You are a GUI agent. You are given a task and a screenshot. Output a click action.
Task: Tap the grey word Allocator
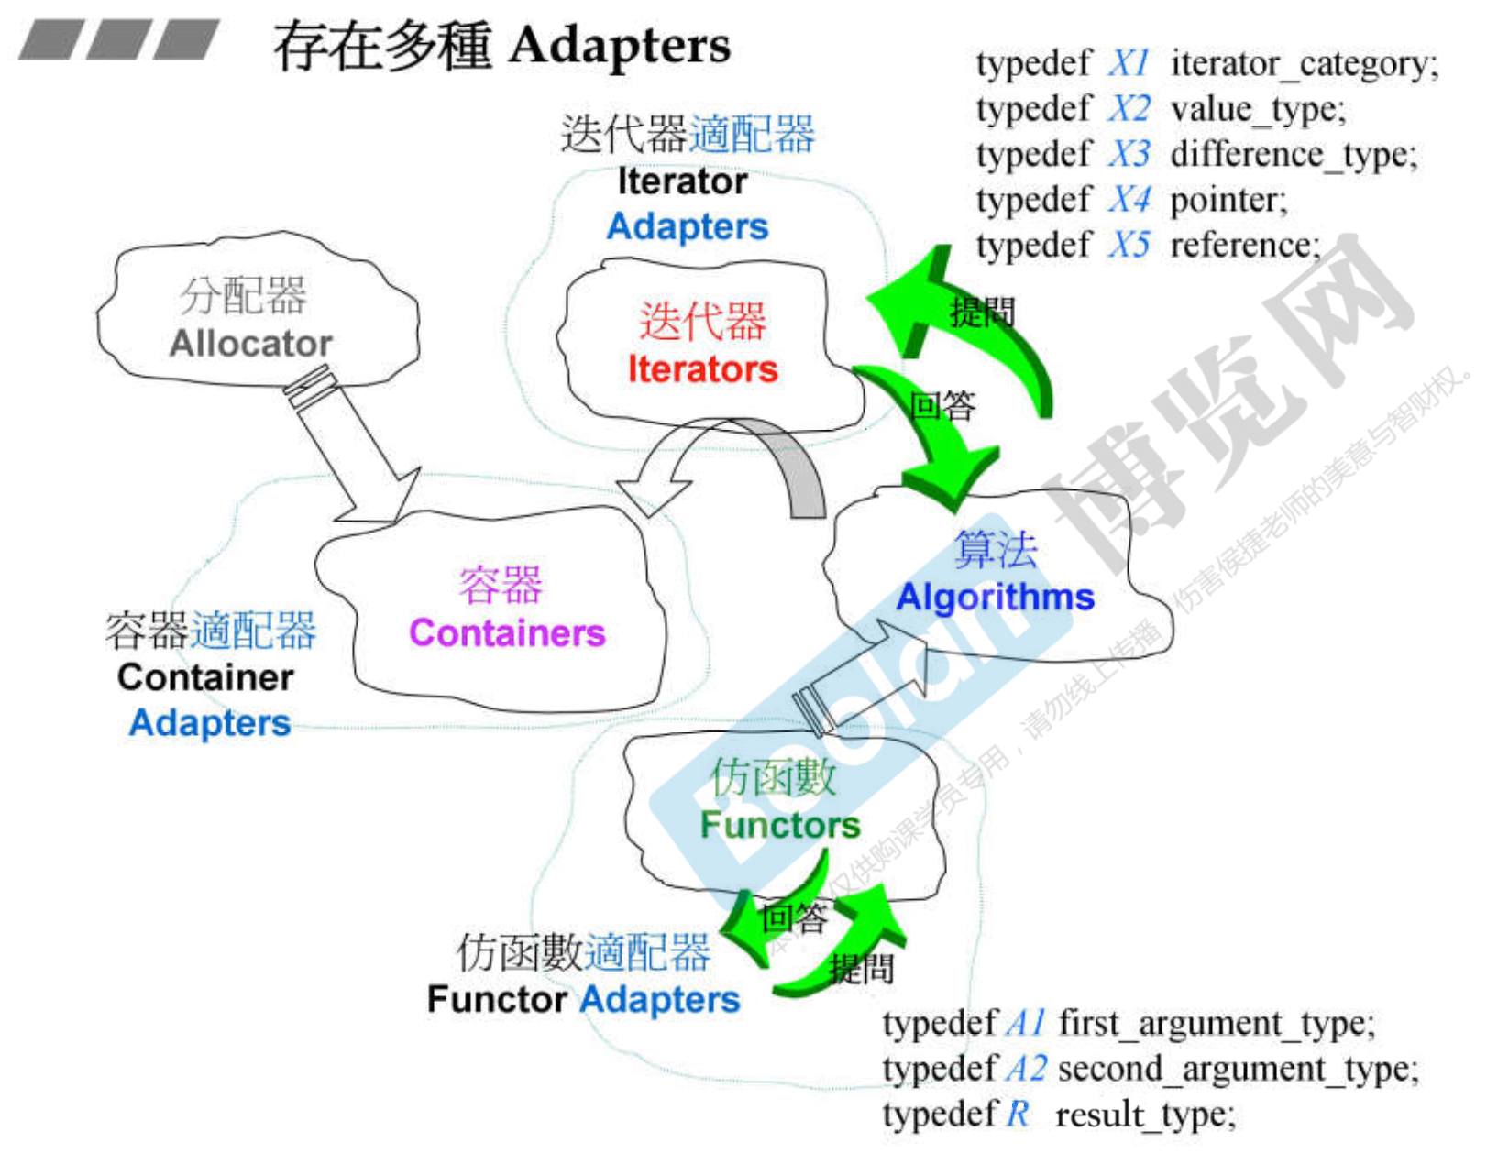click(250, 344)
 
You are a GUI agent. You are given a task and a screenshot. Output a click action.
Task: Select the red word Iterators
click(702, 368)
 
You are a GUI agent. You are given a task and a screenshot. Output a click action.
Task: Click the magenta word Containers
click(507, 633)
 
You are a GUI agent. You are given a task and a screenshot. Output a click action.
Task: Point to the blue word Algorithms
click(995, 597)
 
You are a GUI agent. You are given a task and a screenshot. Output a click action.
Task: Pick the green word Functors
click(780, 825)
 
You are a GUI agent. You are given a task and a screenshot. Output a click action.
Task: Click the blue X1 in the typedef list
click(1129, 63)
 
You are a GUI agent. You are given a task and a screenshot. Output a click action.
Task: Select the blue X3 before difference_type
click(1129, 154)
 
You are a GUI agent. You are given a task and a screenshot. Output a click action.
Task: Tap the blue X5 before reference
click(1129, 245)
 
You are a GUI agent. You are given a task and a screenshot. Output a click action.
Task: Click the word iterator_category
click(1304, 64)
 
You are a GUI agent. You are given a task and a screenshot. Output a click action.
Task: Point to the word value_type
click(1257, 109)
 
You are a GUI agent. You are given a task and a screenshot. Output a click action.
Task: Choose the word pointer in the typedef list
click(1228, 200)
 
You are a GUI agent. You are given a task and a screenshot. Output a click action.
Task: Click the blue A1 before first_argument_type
click(1026, 1023)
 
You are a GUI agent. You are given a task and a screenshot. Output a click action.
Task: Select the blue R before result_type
click(1018, 1115)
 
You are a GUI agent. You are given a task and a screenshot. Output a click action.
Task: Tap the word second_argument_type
click(1237, 1069)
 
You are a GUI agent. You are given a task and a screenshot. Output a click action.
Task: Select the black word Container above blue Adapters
click(205, 677)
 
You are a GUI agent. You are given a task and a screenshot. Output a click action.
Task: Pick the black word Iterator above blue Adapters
click(682, 181)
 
